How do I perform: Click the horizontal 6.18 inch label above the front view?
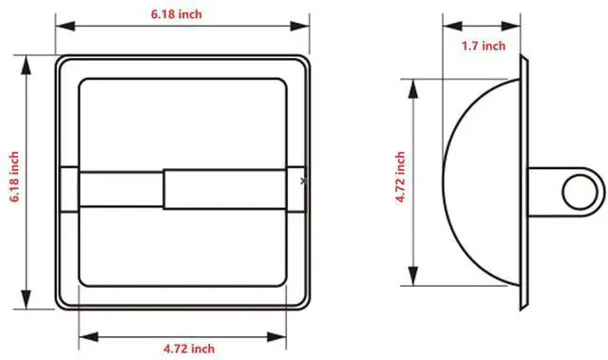click(x=177, y=14)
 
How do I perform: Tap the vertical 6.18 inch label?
click(x=14, y=177)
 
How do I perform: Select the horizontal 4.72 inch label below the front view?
click(x=189, y=349)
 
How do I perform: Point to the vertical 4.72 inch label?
click(x=400, y=177)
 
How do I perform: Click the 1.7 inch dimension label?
click(x=484, y=47)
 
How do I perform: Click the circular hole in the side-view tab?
click(x=579, y=192)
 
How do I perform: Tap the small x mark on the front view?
click(x=303, y=180)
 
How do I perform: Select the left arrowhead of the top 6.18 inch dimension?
click(x=66, y=27)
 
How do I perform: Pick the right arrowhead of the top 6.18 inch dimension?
click(x=300, y=27)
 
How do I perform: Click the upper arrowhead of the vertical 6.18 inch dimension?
click(x=26, y=65)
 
